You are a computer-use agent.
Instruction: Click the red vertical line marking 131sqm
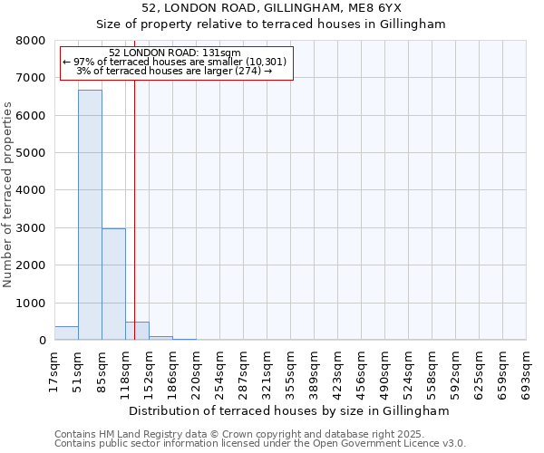coord(134,199)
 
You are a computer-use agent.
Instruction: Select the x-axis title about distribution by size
coord(289,410)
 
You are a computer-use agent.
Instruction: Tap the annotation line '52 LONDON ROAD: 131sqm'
coord(174,53)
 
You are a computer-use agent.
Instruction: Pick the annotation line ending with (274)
coord(174,71)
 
